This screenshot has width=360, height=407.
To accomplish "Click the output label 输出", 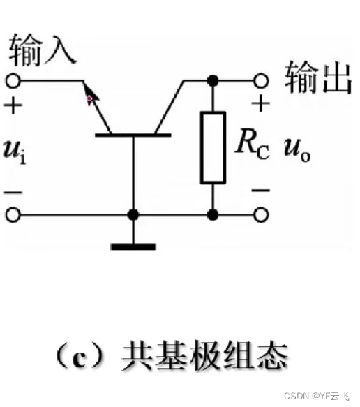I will [316, 79].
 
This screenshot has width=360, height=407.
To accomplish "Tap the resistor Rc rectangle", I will [212, 147].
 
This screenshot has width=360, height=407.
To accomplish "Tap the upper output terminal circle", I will [261, 80].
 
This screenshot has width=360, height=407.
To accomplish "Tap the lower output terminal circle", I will [261, 214].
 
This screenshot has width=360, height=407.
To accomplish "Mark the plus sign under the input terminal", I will [13, 106].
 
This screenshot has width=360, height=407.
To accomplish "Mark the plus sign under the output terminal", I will [260, 105].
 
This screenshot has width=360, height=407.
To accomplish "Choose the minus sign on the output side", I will [260, 189].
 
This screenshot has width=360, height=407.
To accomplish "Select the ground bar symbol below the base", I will [133, 245].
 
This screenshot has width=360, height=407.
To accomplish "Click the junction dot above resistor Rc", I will [212, 80].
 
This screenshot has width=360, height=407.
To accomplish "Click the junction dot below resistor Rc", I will [212, 214].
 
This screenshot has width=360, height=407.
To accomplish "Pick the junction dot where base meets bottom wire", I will [133, 214].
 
